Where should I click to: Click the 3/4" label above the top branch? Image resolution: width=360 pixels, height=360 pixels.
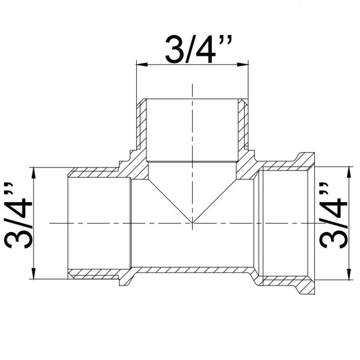coord(192,49)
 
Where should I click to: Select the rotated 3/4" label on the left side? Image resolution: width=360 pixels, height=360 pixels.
coord(18,220)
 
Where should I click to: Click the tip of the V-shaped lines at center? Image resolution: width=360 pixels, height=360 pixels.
coord(192,223)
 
